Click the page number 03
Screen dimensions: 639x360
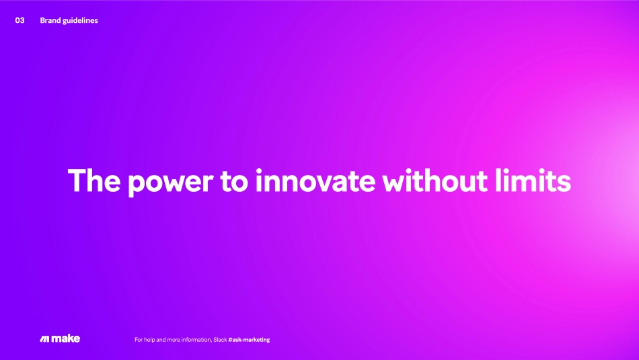click(x=20, y=20)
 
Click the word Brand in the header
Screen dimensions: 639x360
click(x=50, y=20)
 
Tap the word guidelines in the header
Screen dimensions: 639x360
click(x=81, y=21)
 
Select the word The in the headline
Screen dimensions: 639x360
click(x=94, y=180)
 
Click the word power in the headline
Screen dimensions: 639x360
click(x=171, y=183)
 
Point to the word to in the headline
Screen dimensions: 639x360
click(x=234, y=181)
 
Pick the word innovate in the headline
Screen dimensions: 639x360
click(x=315, y=180)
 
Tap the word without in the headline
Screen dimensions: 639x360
click(x=435, y=180)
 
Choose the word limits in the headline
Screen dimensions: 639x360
click(x=533, y=180)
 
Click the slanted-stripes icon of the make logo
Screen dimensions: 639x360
click(x=45, y=338)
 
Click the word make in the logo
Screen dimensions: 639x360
click(x=66, y=338)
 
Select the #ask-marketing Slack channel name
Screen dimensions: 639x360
click(x=249, y=340)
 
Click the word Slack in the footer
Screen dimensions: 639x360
click(x=220, y=340)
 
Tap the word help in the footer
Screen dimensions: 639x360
click(x=149, y=340)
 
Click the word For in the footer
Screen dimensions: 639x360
click(x=139, y=340)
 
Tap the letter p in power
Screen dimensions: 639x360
click(x=137, y=186)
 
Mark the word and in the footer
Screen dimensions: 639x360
click(x=161, y=340)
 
